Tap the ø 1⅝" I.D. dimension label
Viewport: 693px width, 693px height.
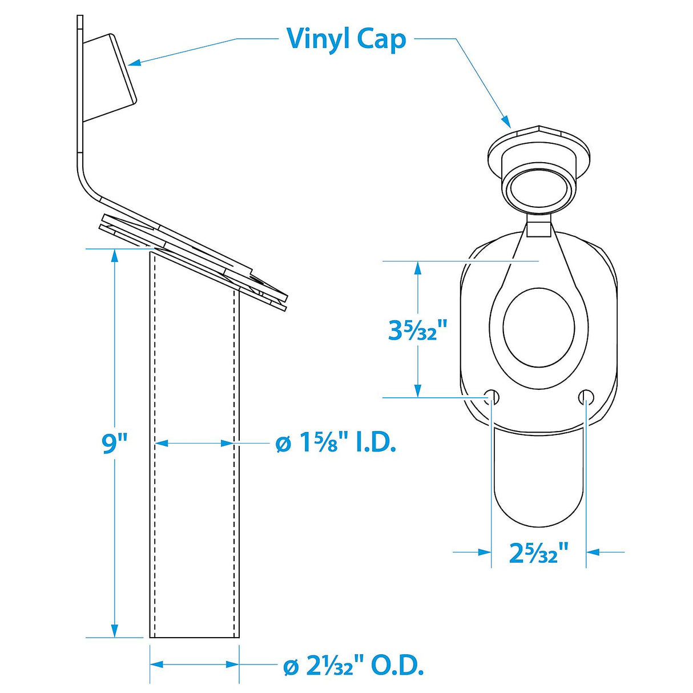point(336,444)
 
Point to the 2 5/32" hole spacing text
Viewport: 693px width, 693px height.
point(539,553)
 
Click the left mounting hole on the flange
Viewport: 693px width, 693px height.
point(492,397)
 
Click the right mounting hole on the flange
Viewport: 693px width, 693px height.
point(586,397)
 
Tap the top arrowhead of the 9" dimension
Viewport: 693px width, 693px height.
point(115,255)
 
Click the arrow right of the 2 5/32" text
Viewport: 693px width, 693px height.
point(594,552)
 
